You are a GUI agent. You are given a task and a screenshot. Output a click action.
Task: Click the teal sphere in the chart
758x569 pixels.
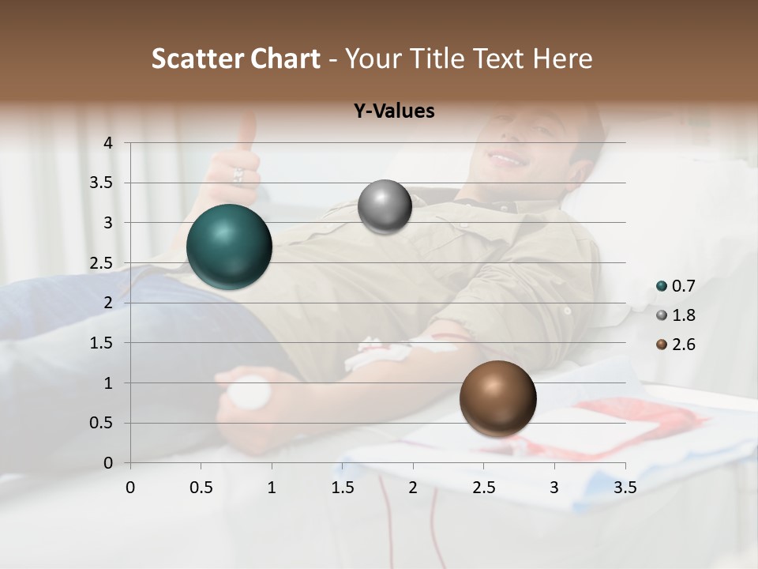[229, 247]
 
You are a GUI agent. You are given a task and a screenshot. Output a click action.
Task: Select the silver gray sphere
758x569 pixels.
[385, 207]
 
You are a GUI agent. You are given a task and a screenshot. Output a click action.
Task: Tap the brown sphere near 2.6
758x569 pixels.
[497, 398]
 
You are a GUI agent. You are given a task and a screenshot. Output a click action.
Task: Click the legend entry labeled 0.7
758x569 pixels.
[676, 286]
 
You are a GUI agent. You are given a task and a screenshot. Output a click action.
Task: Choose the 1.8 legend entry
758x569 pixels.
[676, 315]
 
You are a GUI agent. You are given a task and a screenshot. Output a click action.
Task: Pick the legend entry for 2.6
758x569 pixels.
[676, 345]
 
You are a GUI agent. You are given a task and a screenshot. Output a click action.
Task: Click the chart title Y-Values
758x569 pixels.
[394, 111]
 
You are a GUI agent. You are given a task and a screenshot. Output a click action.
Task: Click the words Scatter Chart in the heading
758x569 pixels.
[235, 58]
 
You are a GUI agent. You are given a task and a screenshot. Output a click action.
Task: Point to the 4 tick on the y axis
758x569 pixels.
[109, 143]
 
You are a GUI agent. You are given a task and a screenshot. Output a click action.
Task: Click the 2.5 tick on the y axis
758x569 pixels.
[101, 263]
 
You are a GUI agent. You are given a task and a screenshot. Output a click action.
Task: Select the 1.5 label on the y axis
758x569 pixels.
[101, 343]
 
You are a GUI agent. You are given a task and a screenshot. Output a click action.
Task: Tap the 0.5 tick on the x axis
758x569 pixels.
[201, 488]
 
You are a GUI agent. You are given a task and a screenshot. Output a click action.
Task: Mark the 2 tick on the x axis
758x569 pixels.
[413, 488]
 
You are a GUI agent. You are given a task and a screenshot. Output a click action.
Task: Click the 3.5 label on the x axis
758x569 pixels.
[625, 488]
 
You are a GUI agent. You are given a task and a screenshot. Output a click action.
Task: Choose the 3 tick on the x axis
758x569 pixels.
[554, 488]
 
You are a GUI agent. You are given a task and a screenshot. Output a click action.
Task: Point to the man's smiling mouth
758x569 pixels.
[507, 160]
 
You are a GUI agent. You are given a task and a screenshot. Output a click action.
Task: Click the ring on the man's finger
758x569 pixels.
[238, 175]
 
